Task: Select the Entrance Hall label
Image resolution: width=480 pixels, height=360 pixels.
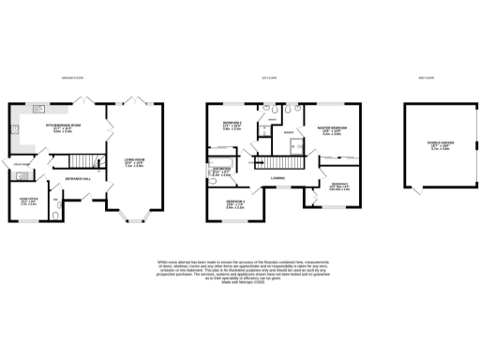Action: pos(77,178)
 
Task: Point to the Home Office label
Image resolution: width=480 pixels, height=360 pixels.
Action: pos(29,202)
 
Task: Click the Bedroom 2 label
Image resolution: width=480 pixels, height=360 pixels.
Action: pos(232,126)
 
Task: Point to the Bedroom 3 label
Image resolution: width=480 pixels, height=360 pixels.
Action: pos(339,186)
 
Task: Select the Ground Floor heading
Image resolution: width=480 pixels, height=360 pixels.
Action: pos(74,78)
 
